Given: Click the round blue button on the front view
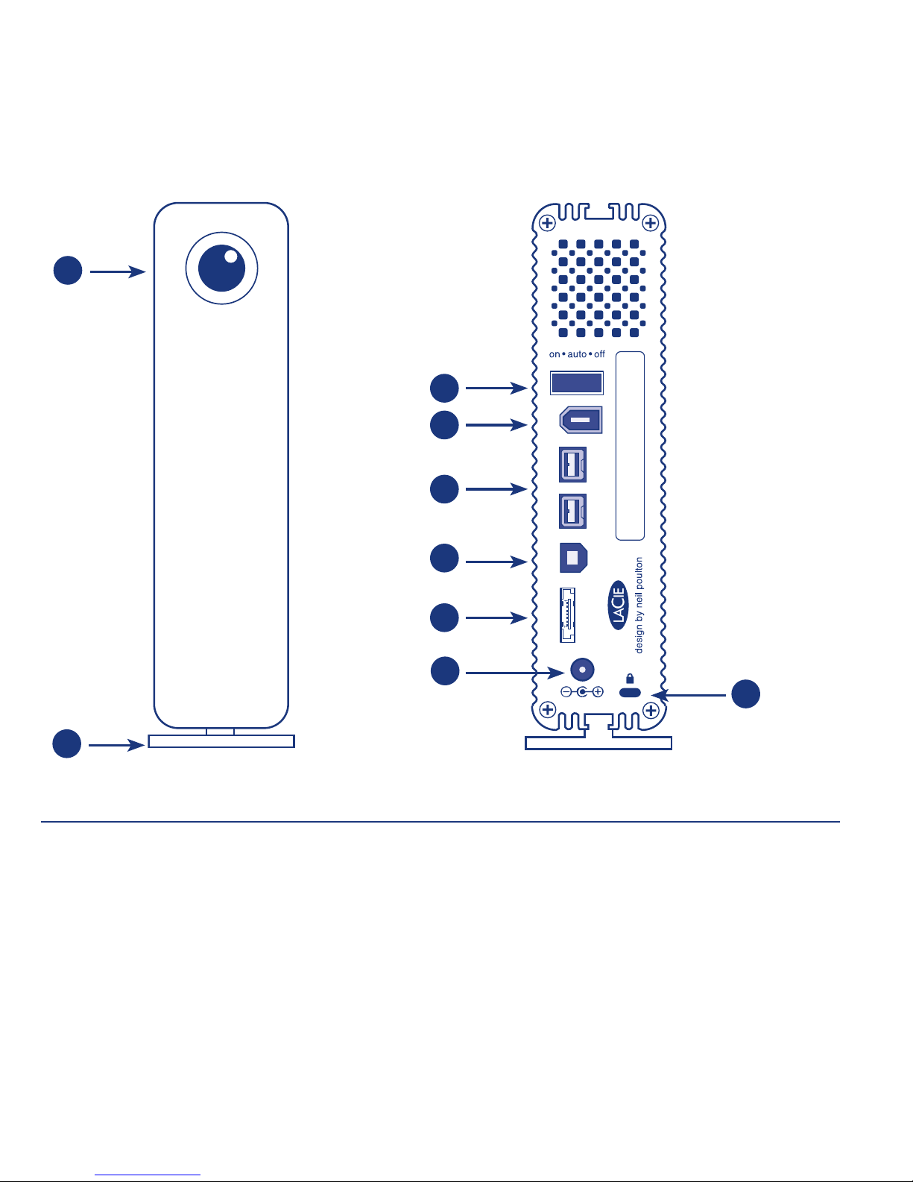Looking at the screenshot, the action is pos(222,268).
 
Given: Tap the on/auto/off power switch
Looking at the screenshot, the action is pos(577,383).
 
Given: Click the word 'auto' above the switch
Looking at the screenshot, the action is pos(577,354).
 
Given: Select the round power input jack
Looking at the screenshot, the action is pos(582,670).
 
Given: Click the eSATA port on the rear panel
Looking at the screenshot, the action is pos(567,615).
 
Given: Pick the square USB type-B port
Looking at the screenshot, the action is pos(573,558).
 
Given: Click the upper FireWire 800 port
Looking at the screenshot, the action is pos(572,465).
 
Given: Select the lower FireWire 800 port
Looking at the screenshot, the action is pos(572,512).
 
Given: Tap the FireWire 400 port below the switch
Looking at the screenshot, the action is pos(581,420).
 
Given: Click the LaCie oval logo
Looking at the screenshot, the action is pos(618,605).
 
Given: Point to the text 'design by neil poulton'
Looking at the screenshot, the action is pos(639,605).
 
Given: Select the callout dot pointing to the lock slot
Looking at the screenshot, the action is pos(745,694).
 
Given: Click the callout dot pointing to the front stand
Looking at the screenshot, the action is pos(67,744).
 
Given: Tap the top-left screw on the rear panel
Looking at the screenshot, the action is pos(547,223).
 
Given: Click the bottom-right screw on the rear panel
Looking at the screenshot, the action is pos(651,710).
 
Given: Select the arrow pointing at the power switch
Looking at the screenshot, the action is pos(496,389).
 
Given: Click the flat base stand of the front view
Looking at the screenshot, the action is pos(221,741).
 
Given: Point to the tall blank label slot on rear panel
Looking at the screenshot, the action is pos(630,446).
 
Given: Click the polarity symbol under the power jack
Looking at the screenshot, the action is pos(582,692).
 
